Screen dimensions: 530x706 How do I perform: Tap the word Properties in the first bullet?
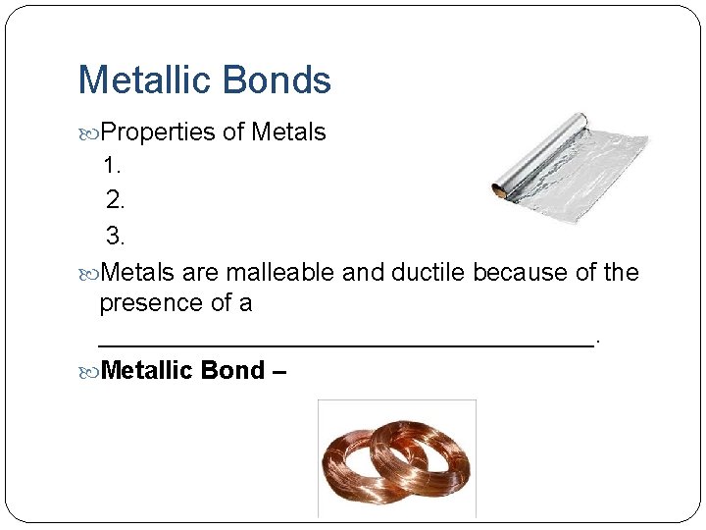click(158, 132)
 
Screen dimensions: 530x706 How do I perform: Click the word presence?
click(151, 303)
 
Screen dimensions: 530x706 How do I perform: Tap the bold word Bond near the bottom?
click(232, 371)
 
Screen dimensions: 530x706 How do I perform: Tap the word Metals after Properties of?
click(288, 132)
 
